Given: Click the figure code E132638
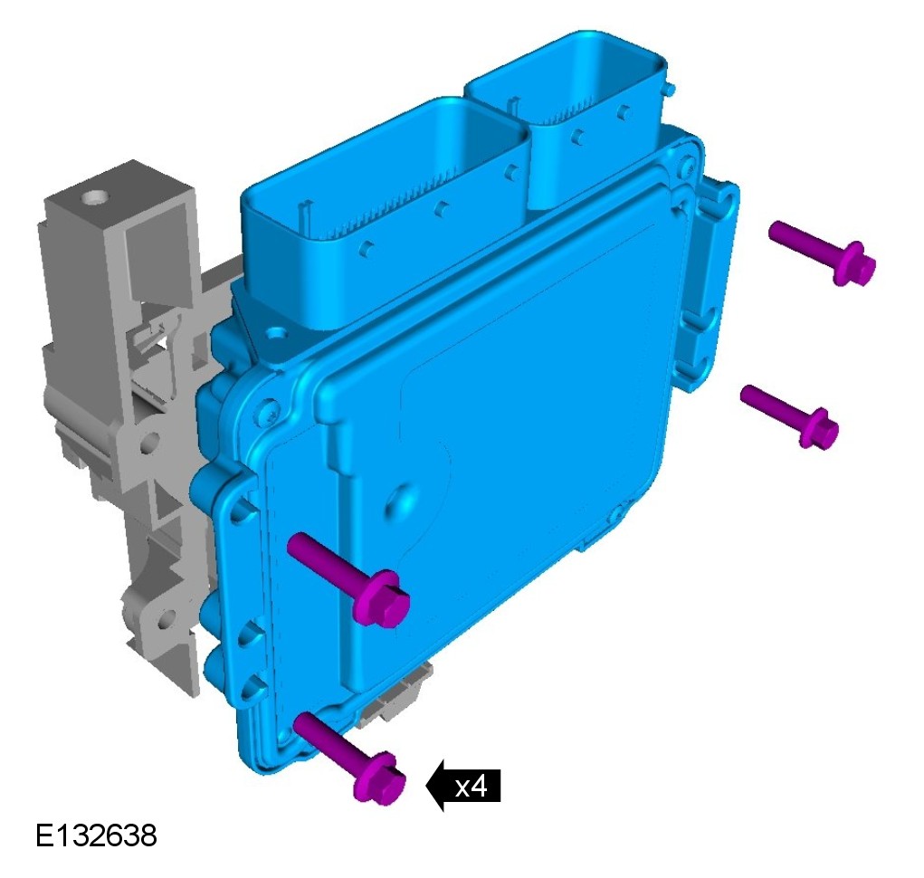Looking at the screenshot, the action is (97, 835).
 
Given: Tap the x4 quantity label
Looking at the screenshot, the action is (472, 786).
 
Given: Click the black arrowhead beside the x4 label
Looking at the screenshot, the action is (435, 786).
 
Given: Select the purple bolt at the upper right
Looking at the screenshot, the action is (822, 253).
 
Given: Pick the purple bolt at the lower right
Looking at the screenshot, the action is (790, 415).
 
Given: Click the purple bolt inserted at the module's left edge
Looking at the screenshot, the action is (348, 579).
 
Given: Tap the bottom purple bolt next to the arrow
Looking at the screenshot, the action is (349, 758).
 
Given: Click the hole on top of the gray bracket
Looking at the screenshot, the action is (92, 196).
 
